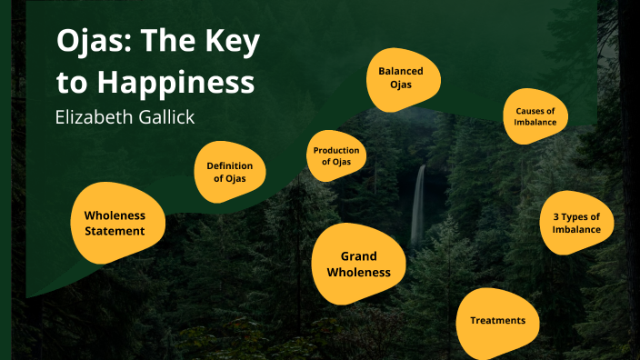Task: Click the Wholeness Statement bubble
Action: click(117, 223)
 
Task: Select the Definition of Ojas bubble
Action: click(230, 172)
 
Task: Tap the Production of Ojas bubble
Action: click(336, 155)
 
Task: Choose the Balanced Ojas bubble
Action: click(401, 77)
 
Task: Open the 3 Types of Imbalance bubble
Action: click(576, 223)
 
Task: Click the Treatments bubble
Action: click(497, 321)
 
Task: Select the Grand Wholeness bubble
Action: click(358, 265)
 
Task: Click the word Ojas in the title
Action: click(86, 43)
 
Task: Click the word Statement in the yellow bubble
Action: click(115, 231)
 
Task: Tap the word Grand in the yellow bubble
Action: click(358, 256)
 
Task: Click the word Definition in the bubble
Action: click(229, 165)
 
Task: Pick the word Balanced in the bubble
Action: click(401, 71)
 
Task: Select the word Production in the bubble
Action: click(336, 150)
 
